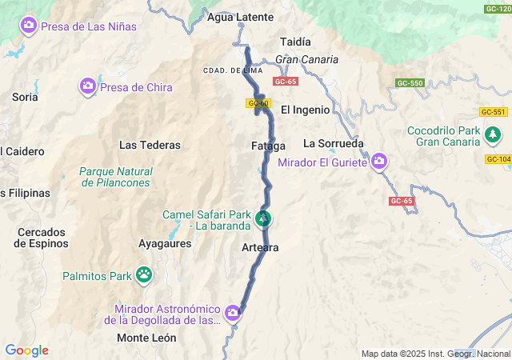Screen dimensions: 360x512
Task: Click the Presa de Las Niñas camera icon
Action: coord(29,26)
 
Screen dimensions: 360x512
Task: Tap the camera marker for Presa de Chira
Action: coord(88,86)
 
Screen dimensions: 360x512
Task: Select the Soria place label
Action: coord(25,97)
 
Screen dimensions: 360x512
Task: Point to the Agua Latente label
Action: coord(240,17)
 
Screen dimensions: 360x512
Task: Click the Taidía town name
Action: coord(296,42)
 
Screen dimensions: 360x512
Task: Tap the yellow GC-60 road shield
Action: coord(258,103)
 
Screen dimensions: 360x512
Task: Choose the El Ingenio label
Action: coord(305,109)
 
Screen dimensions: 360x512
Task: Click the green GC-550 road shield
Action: coord(409,83)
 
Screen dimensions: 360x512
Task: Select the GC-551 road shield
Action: coord(494,112)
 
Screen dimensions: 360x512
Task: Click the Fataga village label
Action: coord(268,146)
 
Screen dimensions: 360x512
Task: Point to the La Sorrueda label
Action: coord(334,144)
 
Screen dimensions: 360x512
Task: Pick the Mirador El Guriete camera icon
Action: coord(379,162)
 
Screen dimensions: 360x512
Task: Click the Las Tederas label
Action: coord(150,146)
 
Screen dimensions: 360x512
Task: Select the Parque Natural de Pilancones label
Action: coord(116,177)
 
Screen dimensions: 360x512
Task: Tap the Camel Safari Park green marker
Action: coord(263,218)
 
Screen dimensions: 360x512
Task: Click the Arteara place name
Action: coord(260,248)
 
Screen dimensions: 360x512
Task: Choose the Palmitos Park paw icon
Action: coord(144,276)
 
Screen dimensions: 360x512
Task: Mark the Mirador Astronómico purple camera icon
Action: coord(233,312)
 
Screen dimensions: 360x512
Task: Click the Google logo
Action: coord(27,350)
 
